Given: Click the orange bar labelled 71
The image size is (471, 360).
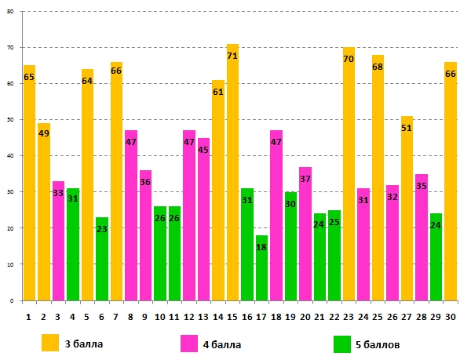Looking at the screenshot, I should (x=233, y=173).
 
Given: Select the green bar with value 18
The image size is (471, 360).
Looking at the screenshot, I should (x=262, y=267).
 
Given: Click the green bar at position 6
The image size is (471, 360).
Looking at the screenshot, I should (x=102, y=259).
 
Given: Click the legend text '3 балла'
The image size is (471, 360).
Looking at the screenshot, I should (x=84, y=344).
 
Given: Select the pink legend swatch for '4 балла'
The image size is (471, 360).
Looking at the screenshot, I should (x=189, y=343).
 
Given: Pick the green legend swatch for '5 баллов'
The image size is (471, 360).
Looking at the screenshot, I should (x=342, y=343).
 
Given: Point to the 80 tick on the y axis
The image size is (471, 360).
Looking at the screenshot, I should (x=13, y=12).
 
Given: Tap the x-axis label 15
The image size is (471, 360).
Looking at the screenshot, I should (x=233, y=318).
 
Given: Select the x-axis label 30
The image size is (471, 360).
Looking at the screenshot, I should (x=451, y=318).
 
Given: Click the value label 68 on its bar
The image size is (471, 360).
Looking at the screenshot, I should (x=378, y=67).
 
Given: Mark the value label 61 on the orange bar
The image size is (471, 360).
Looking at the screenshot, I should (x=218, y=93).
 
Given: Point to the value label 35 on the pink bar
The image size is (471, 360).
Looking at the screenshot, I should (x=422, y=187).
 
